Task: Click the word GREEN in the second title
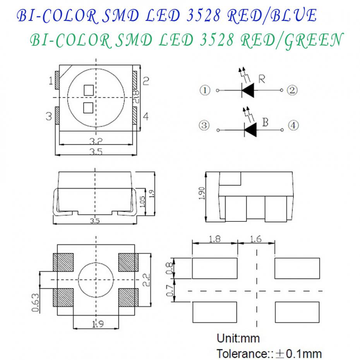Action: coord(313,40)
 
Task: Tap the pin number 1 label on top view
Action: coord(50,81)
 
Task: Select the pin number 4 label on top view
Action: coord(145,116)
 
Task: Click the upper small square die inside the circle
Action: coord(89,90)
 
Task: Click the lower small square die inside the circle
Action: coord(88,108)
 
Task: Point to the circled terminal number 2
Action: coord(292,91)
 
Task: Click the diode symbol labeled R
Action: coord(247,91)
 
